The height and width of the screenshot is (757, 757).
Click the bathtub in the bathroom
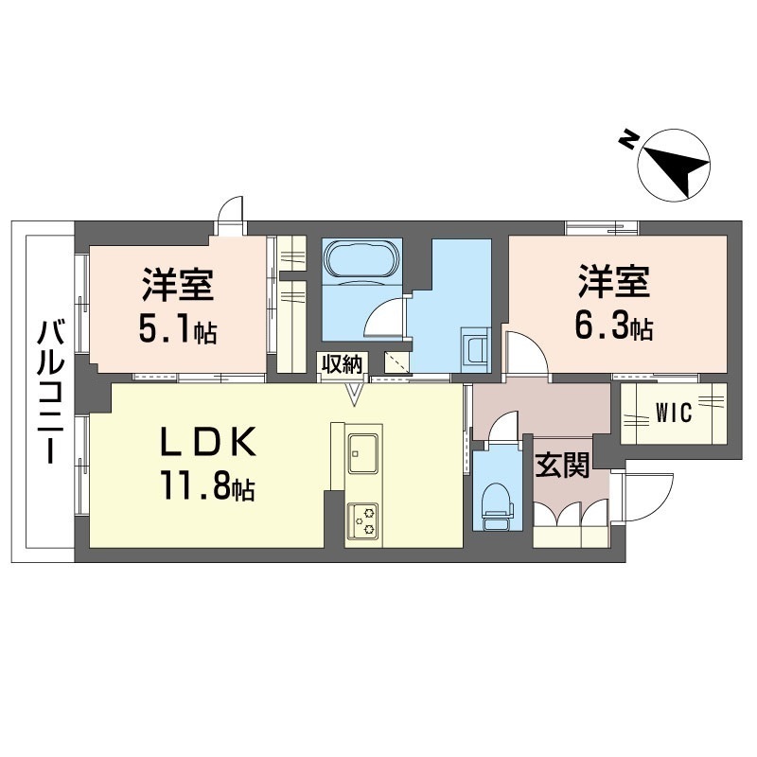coord(362,258)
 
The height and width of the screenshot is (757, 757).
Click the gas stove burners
coord(363,520)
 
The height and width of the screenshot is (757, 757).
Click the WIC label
coord(674,414)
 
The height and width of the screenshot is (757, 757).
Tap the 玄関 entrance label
coord(562,466)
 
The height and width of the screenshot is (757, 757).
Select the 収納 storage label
coord(343,364)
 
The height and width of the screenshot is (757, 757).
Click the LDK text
coord(208,442)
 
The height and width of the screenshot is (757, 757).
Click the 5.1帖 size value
coord(178,329)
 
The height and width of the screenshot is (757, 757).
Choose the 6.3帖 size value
coord(613,326)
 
